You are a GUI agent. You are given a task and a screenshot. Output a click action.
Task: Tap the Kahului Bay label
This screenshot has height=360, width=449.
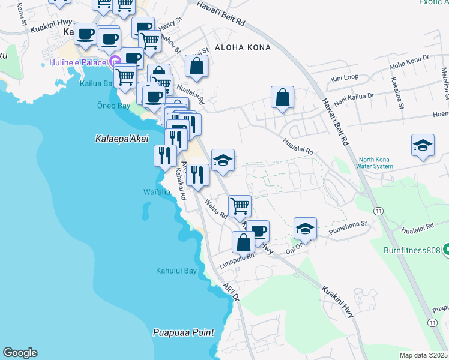tap(176, 271)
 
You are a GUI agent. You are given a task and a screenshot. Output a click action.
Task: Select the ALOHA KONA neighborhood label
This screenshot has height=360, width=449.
tap(238, 47)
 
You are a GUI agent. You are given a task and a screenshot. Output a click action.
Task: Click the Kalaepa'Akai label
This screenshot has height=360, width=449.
tap(122, 139)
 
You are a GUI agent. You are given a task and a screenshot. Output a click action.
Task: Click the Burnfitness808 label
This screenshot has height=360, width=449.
tap(413, 250)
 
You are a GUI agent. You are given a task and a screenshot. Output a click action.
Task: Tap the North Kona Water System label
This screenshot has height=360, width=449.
tap(373, 163)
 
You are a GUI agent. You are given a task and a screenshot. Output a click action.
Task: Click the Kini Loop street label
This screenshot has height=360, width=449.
tap(345, 78)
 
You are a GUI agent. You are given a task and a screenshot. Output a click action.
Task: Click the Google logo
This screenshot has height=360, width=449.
tap(20, 353)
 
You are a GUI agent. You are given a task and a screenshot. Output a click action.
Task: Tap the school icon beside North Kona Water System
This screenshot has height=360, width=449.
tap(423, 145)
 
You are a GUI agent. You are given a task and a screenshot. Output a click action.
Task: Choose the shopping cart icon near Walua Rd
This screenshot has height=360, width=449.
tap(240, 206)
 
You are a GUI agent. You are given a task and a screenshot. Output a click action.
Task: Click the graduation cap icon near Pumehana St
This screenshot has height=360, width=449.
tap(305, 229)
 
